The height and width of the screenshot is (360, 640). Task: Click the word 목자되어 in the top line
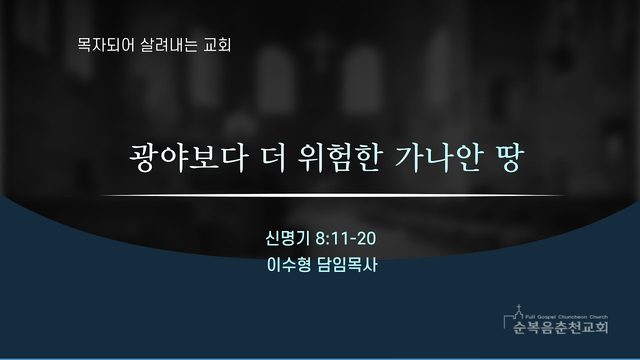click(106, 45)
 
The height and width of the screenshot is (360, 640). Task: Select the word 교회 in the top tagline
click(218, 45)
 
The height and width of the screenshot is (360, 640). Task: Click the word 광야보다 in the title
click(189, 158)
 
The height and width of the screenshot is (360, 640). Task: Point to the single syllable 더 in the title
click(274, 158)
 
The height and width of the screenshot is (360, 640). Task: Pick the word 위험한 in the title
click(340, 158)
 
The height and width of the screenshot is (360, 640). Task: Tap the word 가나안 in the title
click(438, 158)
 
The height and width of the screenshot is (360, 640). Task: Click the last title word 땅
click(508, 158)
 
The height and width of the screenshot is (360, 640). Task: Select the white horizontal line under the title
click(333, 196)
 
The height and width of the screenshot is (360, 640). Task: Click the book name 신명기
click(287, 238)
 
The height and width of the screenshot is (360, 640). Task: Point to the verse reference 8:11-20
click(346, 238)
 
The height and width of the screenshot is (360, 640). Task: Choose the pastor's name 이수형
click(289, 265)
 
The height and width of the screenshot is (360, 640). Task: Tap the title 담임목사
click(347, 265)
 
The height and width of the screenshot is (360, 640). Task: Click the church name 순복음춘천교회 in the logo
click(560, 327)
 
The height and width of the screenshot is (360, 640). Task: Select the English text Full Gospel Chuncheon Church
click(567, 317)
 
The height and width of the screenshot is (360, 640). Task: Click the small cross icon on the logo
click(519, 307)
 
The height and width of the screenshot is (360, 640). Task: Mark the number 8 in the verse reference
click(320, 238)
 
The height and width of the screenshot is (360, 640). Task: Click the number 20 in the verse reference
click(367, 238)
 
